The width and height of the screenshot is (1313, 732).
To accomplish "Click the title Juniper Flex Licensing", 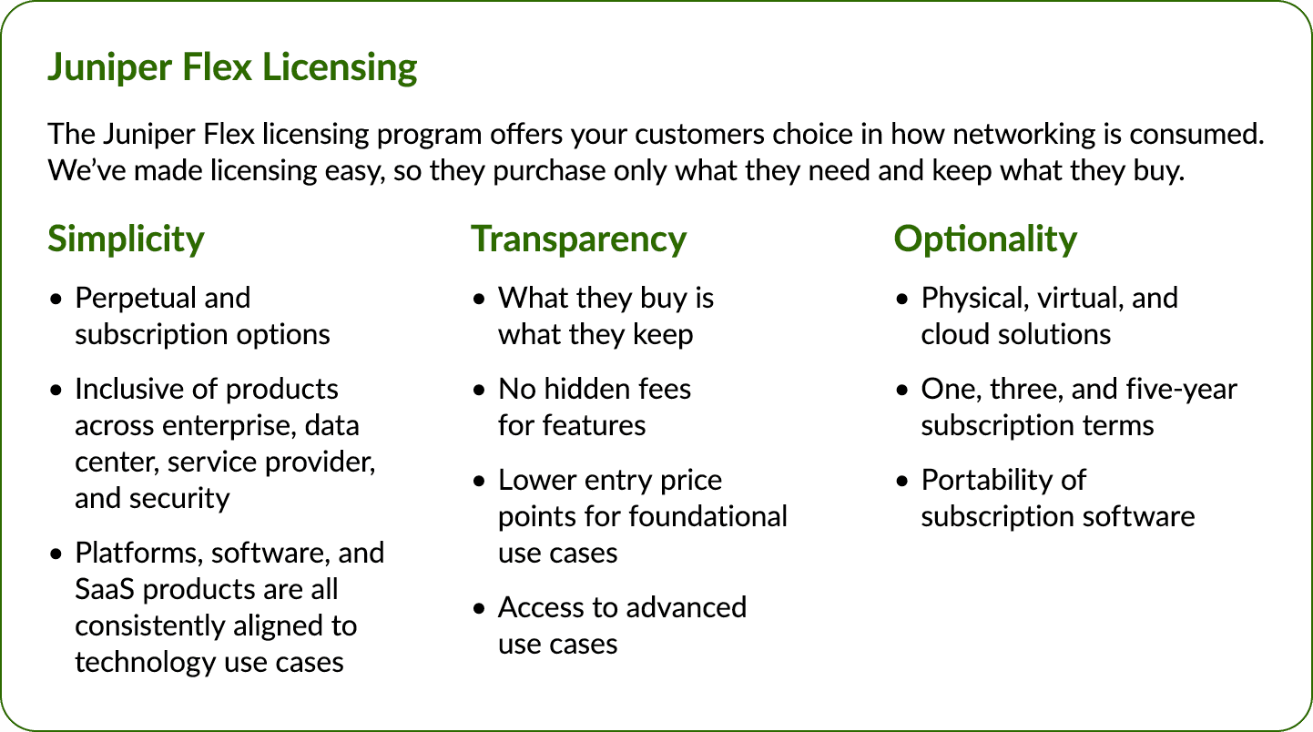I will (232, 68).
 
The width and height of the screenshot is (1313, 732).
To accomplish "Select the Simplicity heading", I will (126, 239).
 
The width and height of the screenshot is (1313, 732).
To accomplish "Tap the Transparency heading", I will (578, 239).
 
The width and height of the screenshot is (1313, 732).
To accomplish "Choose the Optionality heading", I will (985, 239).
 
